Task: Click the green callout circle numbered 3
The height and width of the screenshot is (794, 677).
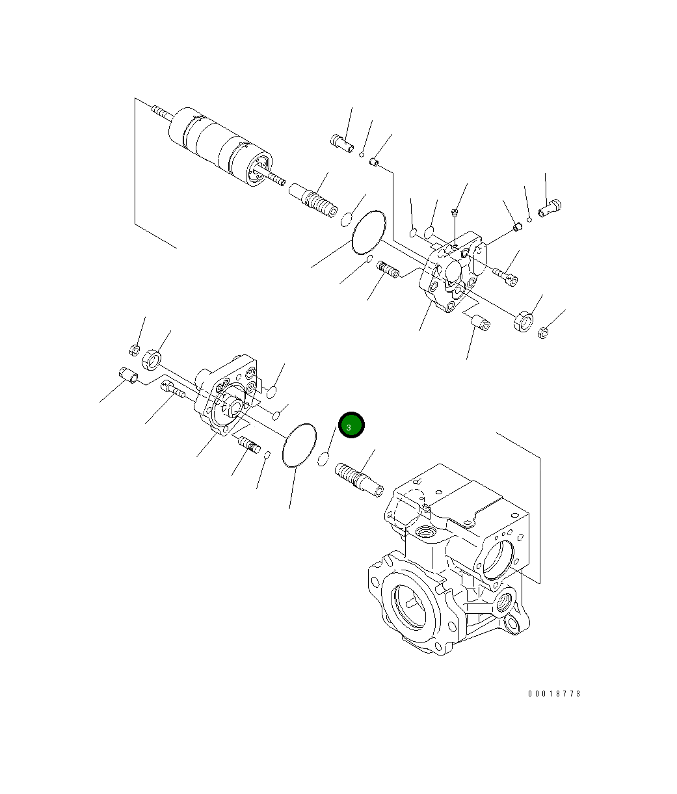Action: (x=351, y=426)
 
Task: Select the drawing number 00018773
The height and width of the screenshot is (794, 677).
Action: (x=554, y=694)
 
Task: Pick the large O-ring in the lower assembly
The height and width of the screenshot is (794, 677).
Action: (x=299, y=445)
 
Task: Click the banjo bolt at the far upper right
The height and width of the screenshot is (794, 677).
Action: (x=550, y=207)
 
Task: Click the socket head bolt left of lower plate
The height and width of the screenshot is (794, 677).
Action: (x=172, y=390)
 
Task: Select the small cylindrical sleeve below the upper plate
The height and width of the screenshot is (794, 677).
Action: (x=480, y=321)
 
